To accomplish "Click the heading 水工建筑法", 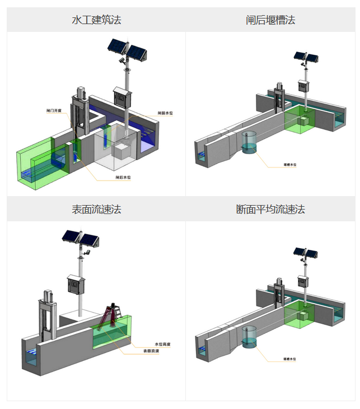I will pyautogui.click(x=96, y=20).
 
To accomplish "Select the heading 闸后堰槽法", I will pyautogui.click(x=270, y=20).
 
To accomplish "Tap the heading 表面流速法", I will pyautogui.click(x=96, y=210).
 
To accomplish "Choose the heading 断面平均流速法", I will pyautogui.click(x=270, y=210).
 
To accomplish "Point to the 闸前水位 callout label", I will pyautogui.click(x=165, y=113).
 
